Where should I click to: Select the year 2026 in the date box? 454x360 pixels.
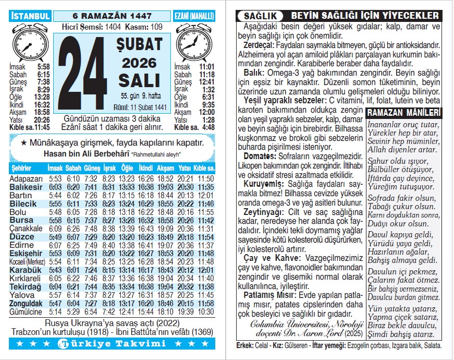[x=139, y=63]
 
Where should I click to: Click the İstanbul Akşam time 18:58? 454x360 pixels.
[x=42, y=112]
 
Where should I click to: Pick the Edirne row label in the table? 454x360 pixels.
[x=21, y=245]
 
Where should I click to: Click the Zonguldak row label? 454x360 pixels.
[x=26, y=304]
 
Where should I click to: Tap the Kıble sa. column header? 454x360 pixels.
[x=204, y=169]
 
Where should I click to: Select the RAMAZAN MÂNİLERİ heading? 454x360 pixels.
[x=404, y=113]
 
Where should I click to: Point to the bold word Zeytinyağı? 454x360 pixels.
[x=263, y=212]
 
